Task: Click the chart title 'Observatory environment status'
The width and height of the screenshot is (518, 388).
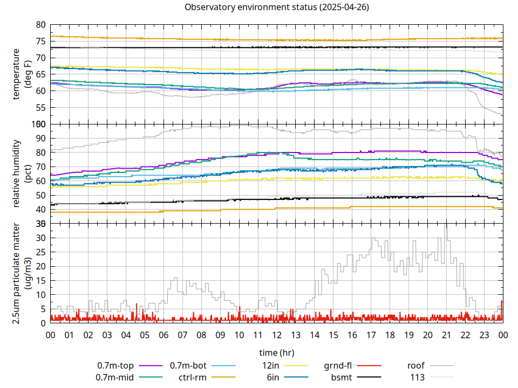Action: (276, 8)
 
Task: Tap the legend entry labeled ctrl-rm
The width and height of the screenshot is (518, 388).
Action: (192, 377)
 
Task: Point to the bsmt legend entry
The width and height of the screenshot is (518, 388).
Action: (342, 377)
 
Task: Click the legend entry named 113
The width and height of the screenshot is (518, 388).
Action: (417, 377)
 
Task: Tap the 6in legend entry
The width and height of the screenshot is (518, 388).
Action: (272, 377)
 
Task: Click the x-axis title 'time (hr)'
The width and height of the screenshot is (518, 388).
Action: (276, 353)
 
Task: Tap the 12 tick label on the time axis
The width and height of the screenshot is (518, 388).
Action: (277, 335)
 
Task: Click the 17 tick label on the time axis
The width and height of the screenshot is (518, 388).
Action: (371, 335)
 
